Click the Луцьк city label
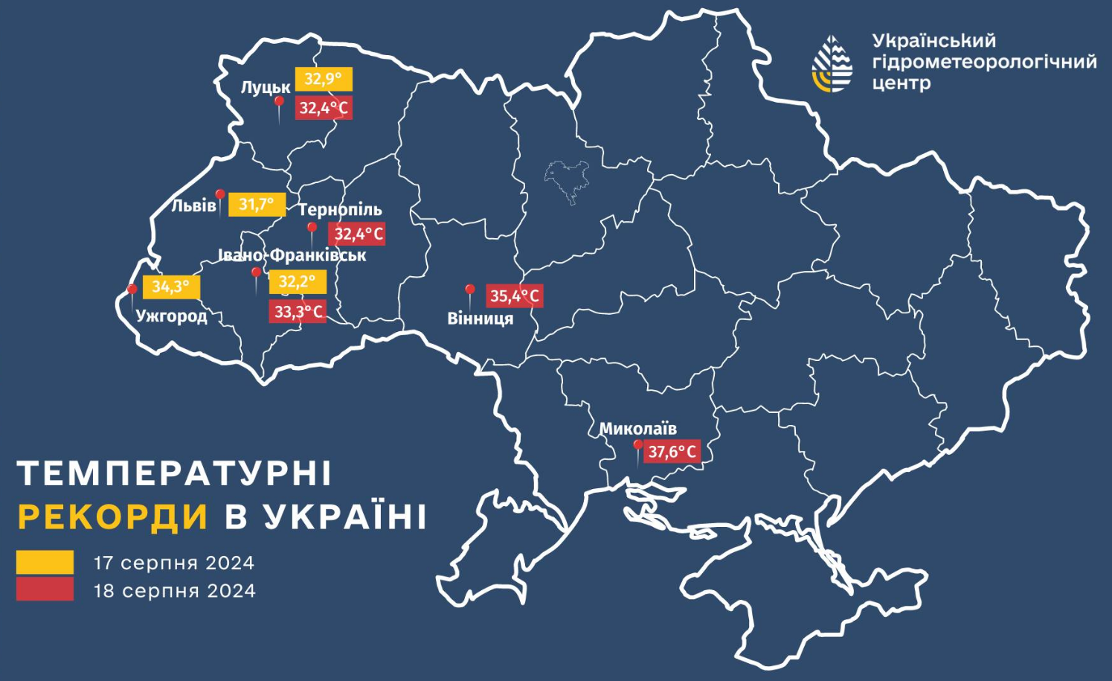(x=265, y=88)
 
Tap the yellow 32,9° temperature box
(x=323, y=79)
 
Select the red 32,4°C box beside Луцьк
(x=323, y=108)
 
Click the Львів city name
(x=193, y=205)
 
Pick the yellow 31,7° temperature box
(x=257, y=204)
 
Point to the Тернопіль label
(x=340, y=210)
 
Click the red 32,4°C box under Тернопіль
(x=357, y=234)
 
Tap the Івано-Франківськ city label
(x=292, y=255)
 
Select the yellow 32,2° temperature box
(x=298, y=282)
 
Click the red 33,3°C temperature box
(x=298, y=311)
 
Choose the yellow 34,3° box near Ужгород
(x=171, y=287)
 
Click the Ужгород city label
(x=171, y=316)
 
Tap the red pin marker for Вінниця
(x=469, y=290)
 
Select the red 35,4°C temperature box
(x=514, y=296)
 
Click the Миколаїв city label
(x=638, y=429)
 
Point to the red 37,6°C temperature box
(x=672, y=452)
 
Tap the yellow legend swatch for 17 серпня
(x=45, y=562)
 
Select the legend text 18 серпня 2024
(x=174, y=591)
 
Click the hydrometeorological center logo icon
(x=832, y=64)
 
